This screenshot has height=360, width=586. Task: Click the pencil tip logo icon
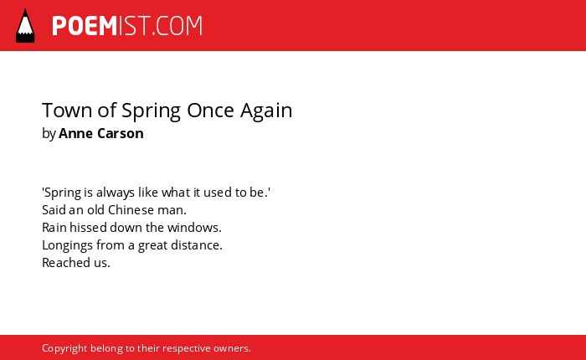pos(25,25)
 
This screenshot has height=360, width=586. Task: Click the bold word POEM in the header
pos(85,26)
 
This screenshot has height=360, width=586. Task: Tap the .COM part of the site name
pos(177,26)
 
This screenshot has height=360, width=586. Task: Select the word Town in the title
pos(67,111)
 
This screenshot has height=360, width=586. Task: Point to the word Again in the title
pos(266,111)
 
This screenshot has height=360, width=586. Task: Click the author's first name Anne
pos(75,133)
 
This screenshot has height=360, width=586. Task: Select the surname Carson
pos(121,133)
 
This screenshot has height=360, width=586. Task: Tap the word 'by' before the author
pos(49,134)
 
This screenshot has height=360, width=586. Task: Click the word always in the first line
pos(116,193)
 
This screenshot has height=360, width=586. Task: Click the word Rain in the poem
pos(54,227)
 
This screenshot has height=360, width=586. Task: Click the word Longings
pos(67,245)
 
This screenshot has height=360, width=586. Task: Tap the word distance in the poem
pos(195,244)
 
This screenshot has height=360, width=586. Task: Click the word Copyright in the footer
pos(64,348)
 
